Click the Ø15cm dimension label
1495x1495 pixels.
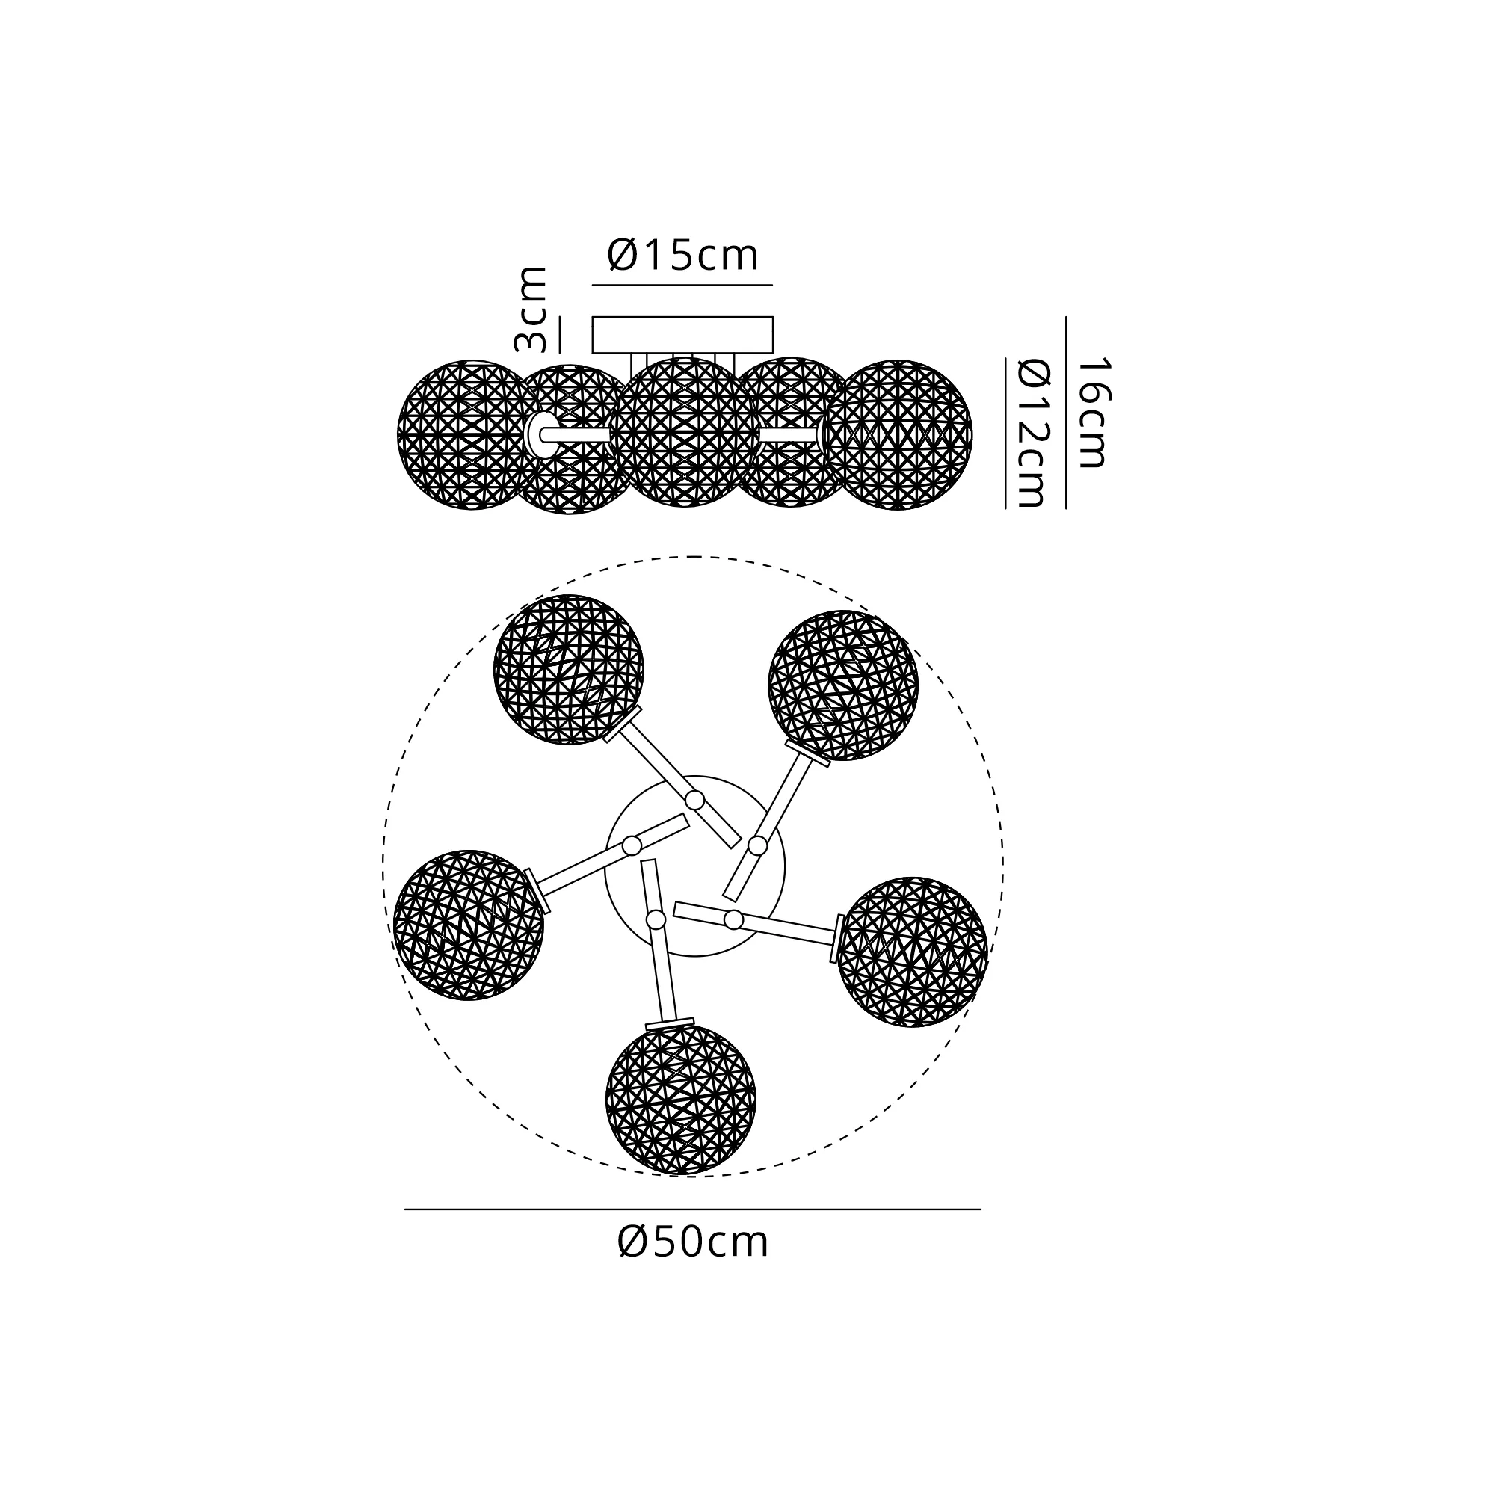[682, 256]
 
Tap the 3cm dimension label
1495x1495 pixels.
[531, 309]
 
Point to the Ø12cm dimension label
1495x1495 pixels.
[1032, 433]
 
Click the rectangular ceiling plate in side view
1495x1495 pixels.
[682, 335]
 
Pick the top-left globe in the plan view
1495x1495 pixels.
[569, 669]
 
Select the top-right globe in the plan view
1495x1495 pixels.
[843, 685]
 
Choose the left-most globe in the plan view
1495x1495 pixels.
[469, 925]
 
